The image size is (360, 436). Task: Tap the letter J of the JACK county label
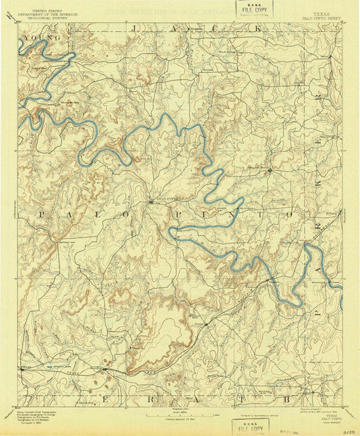tap(136, 28)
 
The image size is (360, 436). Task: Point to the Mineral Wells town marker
tap(269, 170)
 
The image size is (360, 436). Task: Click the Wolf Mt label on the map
tap(99, 178)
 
